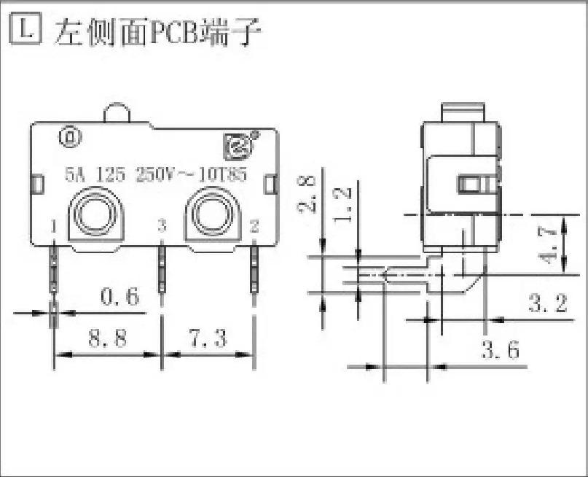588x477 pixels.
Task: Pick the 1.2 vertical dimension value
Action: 342,202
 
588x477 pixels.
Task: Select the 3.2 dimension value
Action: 546,303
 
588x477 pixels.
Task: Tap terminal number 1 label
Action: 54,227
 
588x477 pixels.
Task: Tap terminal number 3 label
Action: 162,227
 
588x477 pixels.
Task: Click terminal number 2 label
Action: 254,227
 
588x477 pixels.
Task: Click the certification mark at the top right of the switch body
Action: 236,147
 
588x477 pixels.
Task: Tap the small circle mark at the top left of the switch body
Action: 69,136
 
